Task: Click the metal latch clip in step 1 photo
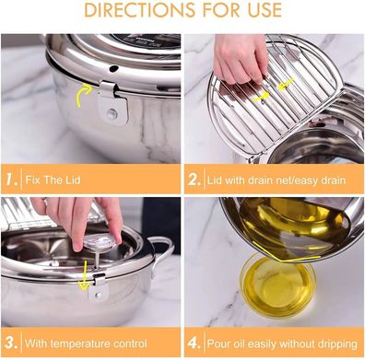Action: click(109, 103)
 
